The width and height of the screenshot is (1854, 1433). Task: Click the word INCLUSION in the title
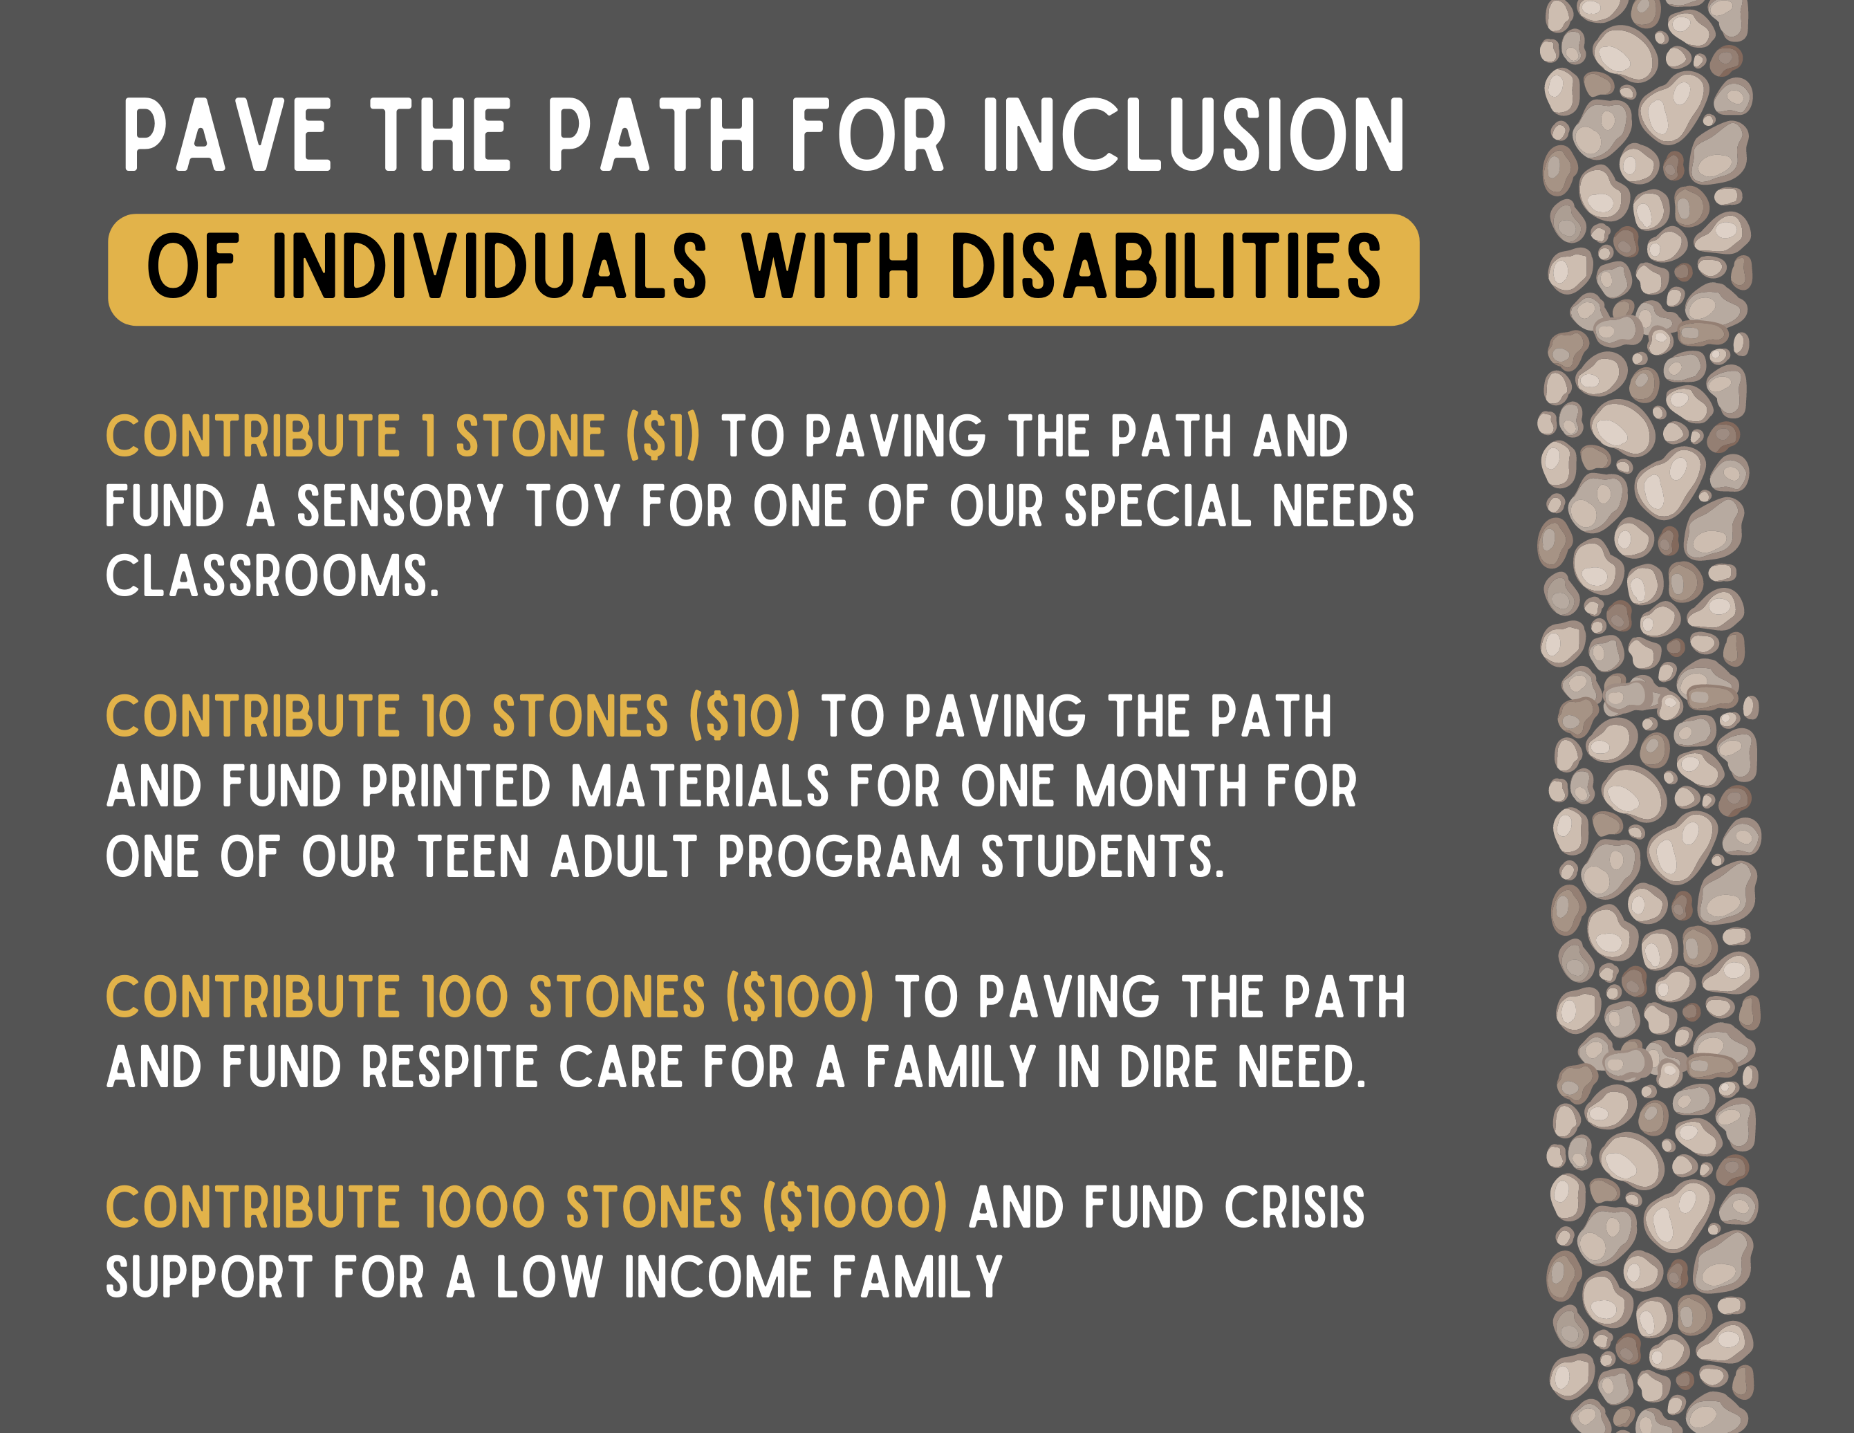pyautogui.click(x=1193, y=136)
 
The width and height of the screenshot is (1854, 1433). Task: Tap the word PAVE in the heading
pyautogui.click(x=228, y=136)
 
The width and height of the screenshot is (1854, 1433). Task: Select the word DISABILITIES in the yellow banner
pyautogui.click(x=1165, y=268)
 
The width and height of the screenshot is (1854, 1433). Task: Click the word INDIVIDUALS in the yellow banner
pyautogui.click(x=488, y=268)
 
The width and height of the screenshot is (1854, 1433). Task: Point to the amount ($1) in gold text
pyautogui.click(x=663, y=436)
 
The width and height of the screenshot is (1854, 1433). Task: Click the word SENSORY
pyautogui.click(x=400, y=507)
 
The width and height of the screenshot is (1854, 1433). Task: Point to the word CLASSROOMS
pyautogui.click(x=272, y=577)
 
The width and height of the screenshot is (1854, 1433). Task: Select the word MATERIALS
pyautogui.click(x=700, y=787)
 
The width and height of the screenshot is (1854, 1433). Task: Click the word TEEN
pyautogui.click(x=474, y=857)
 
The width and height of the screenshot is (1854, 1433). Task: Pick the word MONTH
pyautogui.click(x=1160, y=787)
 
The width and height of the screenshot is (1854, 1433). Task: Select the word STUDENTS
pyautogui.click(x=1102, y=857)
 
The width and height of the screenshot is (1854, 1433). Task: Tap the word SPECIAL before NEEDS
pyautogui.click(x=1157, y=507)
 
